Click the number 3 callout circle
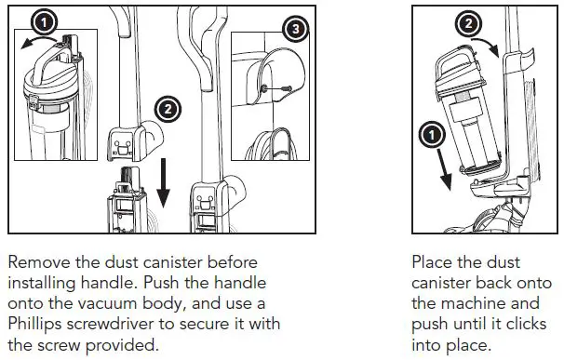pos(296,30)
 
